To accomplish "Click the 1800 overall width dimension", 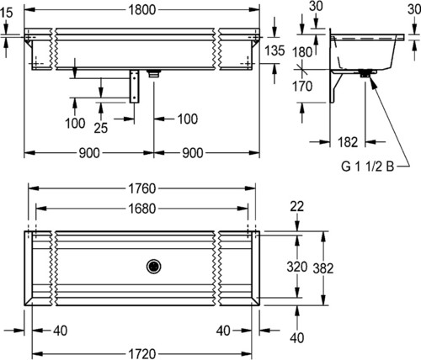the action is [141, 10].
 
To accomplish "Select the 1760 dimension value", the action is [142, 188].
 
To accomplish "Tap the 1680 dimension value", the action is [142, 209].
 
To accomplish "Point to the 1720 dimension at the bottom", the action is [142, 354].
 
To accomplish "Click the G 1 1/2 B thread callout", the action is [368, 167].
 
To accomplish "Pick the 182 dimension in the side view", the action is [348, 142].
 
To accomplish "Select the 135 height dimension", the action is [275, 50].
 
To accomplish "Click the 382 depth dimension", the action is [323, 268].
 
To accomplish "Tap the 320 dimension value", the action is [297, 267].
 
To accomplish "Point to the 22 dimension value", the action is [297, 207].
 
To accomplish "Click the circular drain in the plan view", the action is [153, 267].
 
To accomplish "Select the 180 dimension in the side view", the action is [302, 52].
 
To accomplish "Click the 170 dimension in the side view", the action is [302, 86].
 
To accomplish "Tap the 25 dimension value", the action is [101, 128].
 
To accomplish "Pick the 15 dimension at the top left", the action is [7, 13].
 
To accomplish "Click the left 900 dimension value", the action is [89, 153].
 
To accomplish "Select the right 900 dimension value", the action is [193, 153].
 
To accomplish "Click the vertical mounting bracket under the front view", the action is [135, 87].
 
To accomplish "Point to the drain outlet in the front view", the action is [154, 73].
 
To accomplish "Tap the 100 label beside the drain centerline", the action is [188, 119].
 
